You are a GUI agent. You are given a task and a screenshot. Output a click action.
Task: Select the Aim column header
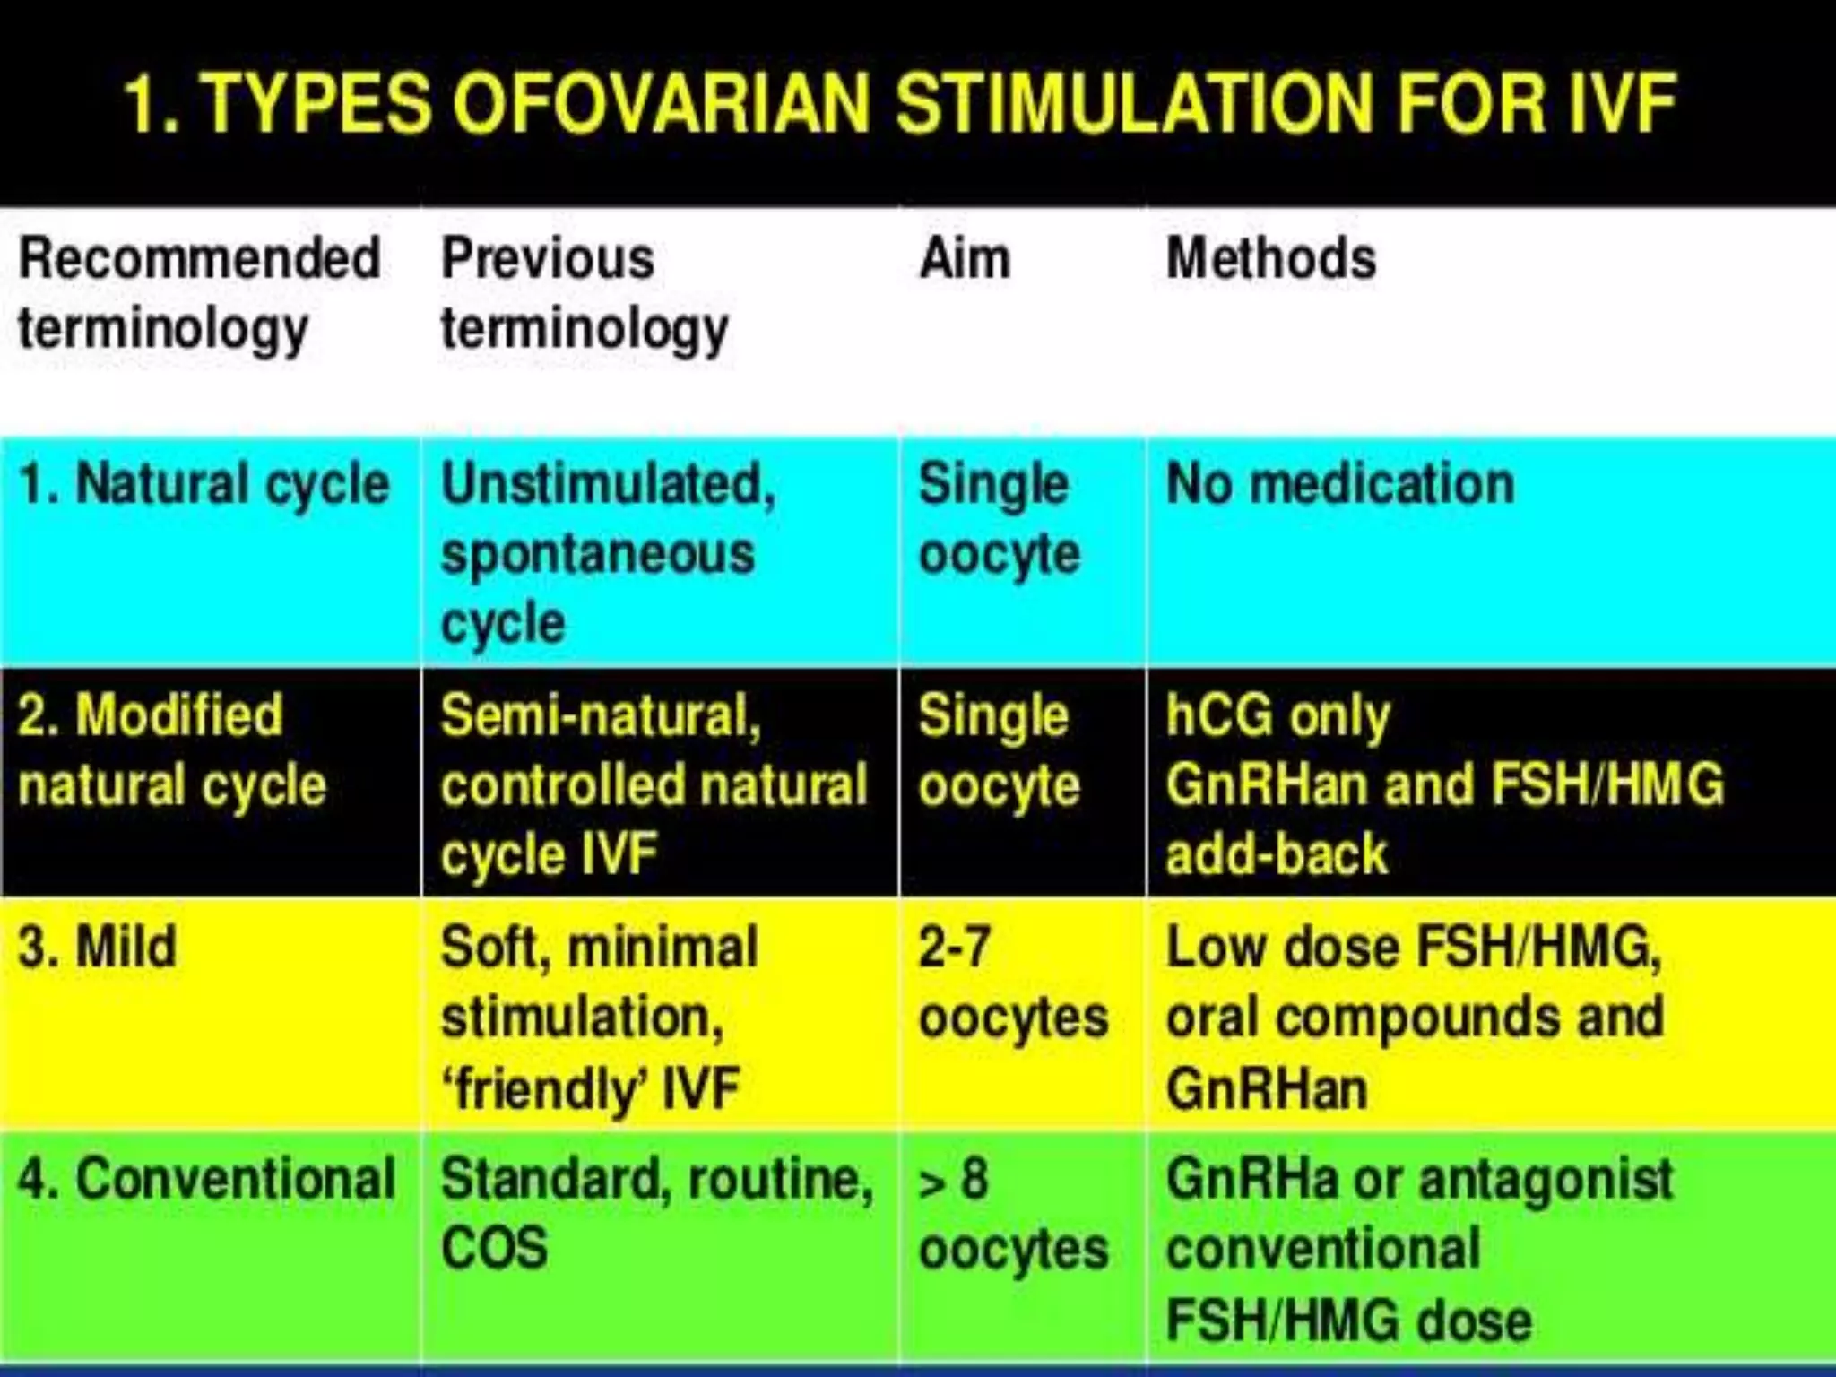point(965,259)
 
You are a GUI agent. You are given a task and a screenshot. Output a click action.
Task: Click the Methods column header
point(1270,259)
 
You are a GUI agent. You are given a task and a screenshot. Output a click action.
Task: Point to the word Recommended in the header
point(199,259)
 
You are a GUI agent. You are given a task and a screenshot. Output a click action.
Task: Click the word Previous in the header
point(548,259)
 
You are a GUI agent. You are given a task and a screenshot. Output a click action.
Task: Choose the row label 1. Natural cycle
point(204,485)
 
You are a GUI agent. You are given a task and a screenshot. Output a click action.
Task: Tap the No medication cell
point(1340,485)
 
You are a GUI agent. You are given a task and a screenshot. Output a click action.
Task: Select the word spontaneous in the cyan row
point(597,554)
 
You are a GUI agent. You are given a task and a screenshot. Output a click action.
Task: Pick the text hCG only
point(1277,716)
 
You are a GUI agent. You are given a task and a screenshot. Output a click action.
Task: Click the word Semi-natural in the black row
point(600,716)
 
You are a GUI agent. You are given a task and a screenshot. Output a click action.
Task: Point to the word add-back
point(1276,854)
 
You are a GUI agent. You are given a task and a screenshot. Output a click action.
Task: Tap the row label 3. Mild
point(97,947)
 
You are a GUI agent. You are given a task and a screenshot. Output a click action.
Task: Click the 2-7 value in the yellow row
point(954,947)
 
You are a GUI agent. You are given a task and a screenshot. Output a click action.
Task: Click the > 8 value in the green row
point(954,1180)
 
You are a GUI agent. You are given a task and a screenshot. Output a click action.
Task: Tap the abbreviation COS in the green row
point(494,1248)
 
